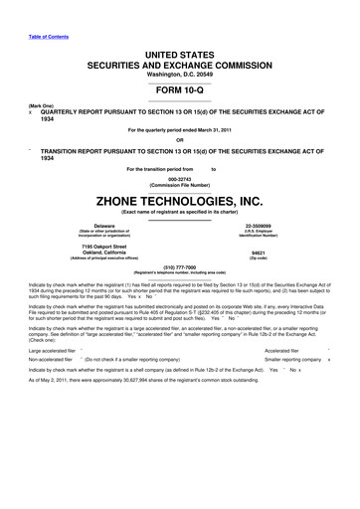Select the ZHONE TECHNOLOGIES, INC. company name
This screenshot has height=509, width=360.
pos(180,199)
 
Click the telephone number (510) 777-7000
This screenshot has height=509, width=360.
pos(180,267)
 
